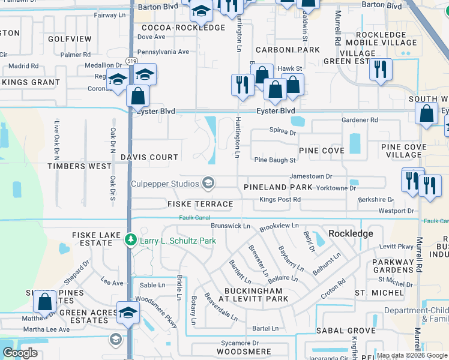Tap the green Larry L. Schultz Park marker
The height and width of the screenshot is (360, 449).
pos(130,241)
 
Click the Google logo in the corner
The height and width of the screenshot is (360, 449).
pos(20,353)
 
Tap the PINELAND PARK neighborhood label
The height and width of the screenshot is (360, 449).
pos(278,188)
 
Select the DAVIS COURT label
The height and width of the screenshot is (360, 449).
pos(149,157)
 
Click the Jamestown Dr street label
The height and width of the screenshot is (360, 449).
pos(311,176)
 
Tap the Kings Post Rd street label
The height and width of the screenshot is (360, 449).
pos(280,199)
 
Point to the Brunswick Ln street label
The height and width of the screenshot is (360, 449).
pos(231,226)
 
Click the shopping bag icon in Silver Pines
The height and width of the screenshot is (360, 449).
pos(45,302)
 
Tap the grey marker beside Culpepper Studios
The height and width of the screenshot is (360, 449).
pos(208,183)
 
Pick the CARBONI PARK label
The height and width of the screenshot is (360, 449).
pos(288,50)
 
